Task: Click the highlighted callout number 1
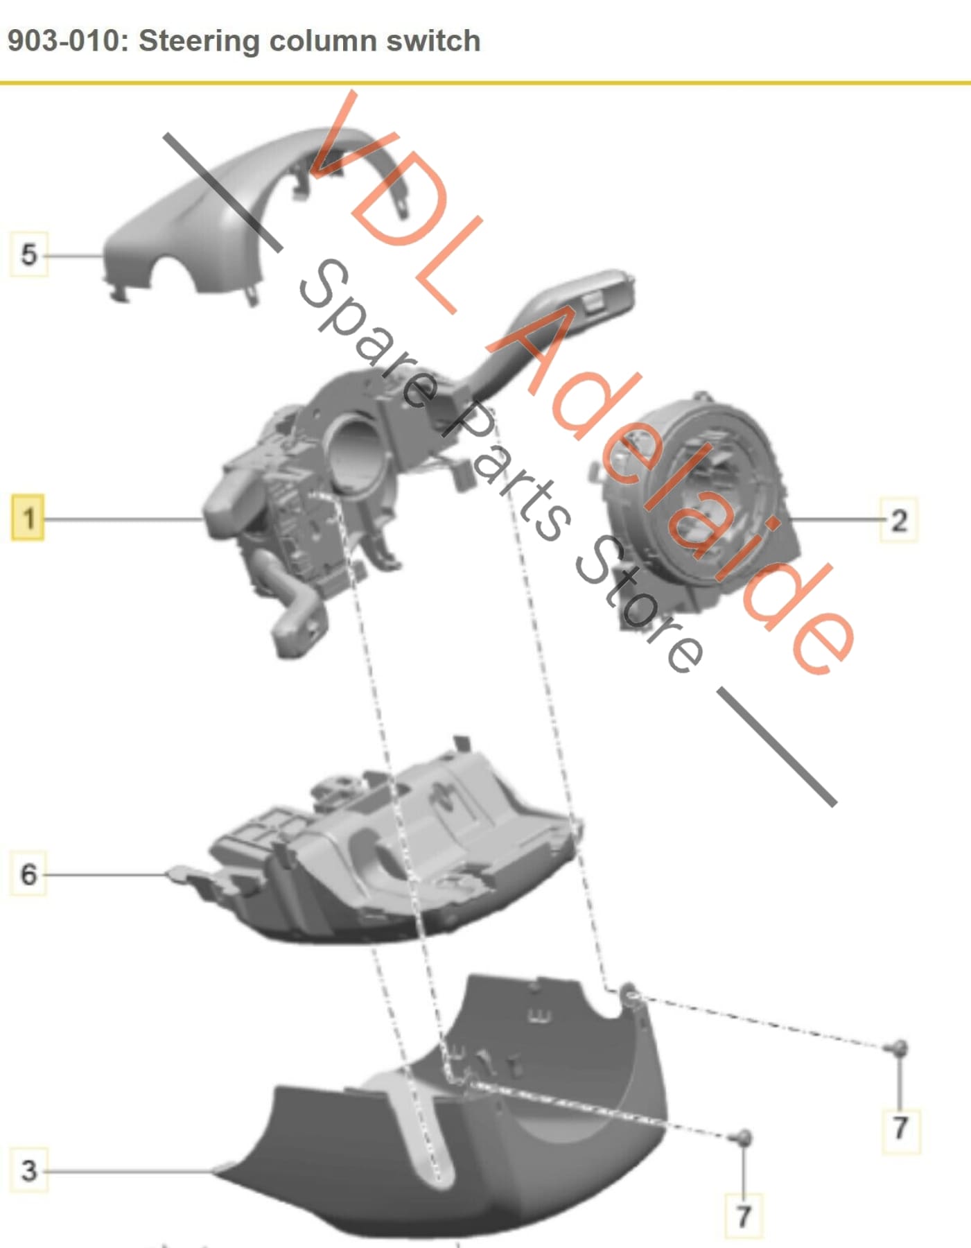[28, 518]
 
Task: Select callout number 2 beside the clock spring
[898, 520]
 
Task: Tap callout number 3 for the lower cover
[28, 1170]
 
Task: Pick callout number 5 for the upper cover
[28, 254]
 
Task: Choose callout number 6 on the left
[28, 874]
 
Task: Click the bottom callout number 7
[743, 1215]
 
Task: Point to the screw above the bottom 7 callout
[742, 1137]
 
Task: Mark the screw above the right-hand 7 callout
[898, 1048]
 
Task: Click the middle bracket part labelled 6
[388, 853]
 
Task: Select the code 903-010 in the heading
[64, 41]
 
